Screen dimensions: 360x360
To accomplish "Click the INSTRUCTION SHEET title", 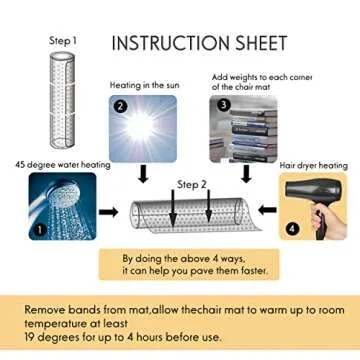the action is point(199,43).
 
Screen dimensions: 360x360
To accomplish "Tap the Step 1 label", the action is point(63,41).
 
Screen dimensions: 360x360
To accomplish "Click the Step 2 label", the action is point(192,185).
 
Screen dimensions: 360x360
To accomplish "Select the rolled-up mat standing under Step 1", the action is point(62,99).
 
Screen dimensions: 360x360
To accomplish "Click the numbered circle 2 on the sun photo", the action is point(121,107).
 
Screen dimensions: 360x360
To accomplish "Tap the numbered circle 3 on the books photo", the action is point(223,106).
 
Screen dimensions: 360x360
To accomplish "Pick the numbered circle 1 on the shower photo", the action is point(40,229).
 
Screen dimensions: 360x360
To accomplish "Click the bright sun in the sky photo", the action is point(140,127).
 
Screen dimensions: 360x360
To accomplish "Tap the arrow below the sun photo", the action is point(143,175).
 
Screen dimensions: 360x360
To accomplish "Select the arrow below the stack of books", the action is point(246,175).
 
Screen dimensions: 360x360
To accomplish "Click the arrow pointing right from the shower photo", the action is point(109,212).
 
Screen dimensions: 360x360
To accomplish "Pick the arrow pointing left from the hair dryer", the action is point(268,210).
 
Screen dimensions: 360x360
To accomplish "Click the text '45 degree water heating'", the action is point(63,165).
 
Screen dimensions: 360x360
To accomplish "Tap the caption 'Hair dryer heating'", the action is point(313,166).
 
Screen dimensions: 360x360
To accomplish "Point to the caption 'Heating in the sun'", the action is point(145,85).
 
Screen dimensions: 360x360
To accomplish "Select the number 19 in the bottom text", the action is point(30,337).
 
